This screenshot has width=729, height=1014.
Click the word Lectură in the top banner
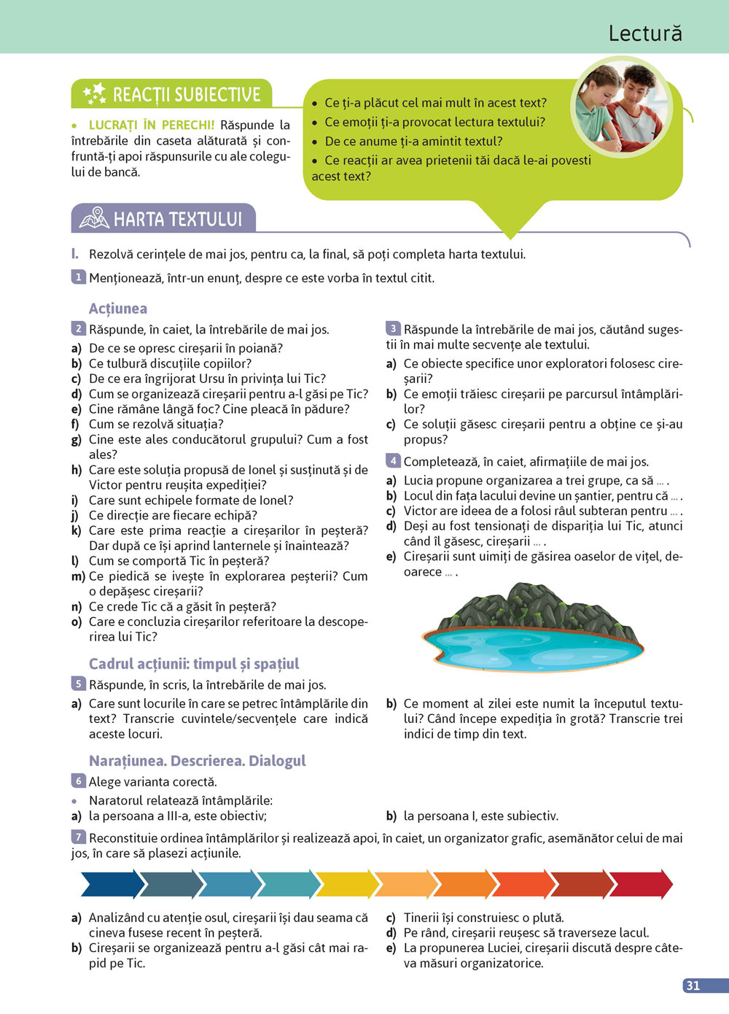pyautogui.click(x=645, y=33)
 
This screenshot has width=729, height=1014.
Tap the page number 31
pyautogui.click(x=693, y=986)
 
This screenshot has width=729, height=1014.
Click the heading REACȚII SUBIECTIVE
pyautogui.click(x=187, y=95)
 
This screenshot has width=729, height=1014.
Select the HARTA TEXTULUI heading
pyautogui.click(x=177, y=220)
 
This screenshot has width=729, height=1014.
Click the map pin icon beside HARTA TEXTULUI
pyautogui.click(x=94, y=218)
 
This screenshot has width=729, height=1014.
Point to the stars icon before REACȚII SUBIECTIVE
pyautogui.click(x=94, y=93)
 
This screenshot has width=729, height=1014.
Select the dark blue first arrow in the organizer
pyautogui.click(x=111, y=884)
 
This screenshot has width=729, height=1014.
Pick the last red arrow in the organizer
pyautogui.click(x=640, y=884)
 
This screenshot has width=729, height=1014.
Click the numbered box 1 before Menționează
pyautogui.click(x=78, y=277)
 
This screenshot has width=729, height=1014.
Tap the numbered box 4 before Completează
pyautogui.click(x=393, y=461)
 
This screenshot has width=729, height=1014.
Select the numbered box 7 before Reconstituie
pyautogui.click(x=78, y=837)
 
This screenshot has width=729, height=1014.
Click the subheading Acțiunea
pyautogui.click(x=118, y=309)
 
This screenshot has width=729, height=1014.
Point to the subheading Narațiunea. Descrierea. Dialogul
pyautogui.click(x=197, y=761)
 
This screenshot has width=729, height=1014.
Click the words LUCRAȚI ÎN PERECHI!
pyautogui.click(x=152, y=125)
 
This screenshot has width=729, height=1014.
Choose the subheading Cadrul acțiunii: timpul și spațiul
pyautogui.click(x=194, y=664)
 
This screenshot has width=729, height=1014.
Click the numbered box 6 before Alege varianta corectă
pyautogui.click(x=78, y=781)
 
